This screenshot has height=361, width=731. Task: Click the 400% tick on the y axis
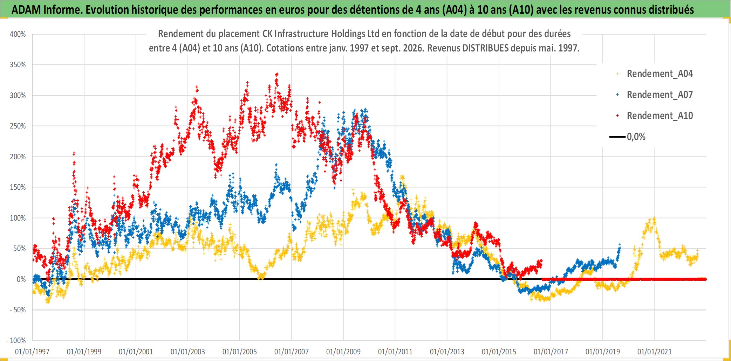(18, 34)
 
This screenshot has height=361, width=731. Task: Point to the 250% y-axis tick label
(18, 126)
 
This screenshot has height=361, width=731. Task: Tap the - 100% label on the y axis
(16, 340)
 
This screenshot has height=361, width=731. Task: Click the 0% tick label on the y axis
(21, 279)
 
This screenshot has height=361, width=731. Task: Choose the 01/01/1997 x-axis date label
(32, 352)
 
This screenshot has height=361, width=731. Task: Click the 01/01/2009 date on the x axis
(343, 352)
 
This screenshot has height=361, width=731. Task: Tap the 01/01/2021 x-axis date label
(655, 352)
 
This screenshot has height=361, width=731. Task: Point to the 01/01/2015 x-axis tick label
(499, 352)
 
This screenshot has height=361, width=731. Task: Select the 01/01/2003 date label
(188, 352)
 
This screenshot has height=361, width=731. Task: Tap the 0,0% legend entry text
(636, 137)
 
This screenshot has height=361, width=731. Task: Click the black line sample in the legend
(617, 137)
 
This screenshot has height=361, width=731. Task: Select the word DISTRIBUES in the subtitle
(486, 48)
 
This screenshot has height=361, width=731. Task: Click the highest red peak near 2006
(277, 74)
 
